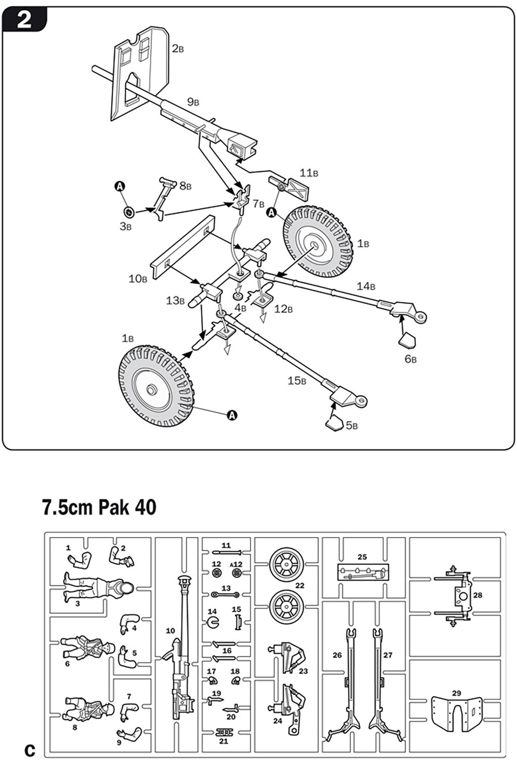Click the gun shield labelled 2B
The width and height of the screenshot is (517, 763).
point(141,71)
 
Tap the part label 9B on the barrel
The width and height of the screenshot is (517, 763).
point(193,102)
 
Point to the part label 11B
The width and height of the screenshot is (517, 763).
point(308,173)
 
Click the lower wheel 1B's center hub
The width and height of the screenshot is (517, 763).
point(151,390)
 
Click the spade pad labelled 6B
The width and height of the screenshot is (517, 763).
point(408,342)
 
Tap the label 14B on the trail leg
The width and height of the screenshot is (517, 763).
point(366,286)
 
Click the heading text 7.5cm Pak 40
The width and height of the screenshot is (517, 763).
point(99,507)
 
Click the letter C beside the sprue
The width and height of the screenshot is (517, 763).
point(30,749)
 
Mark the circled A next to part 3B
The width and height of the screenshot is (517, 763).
point(120,187)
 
